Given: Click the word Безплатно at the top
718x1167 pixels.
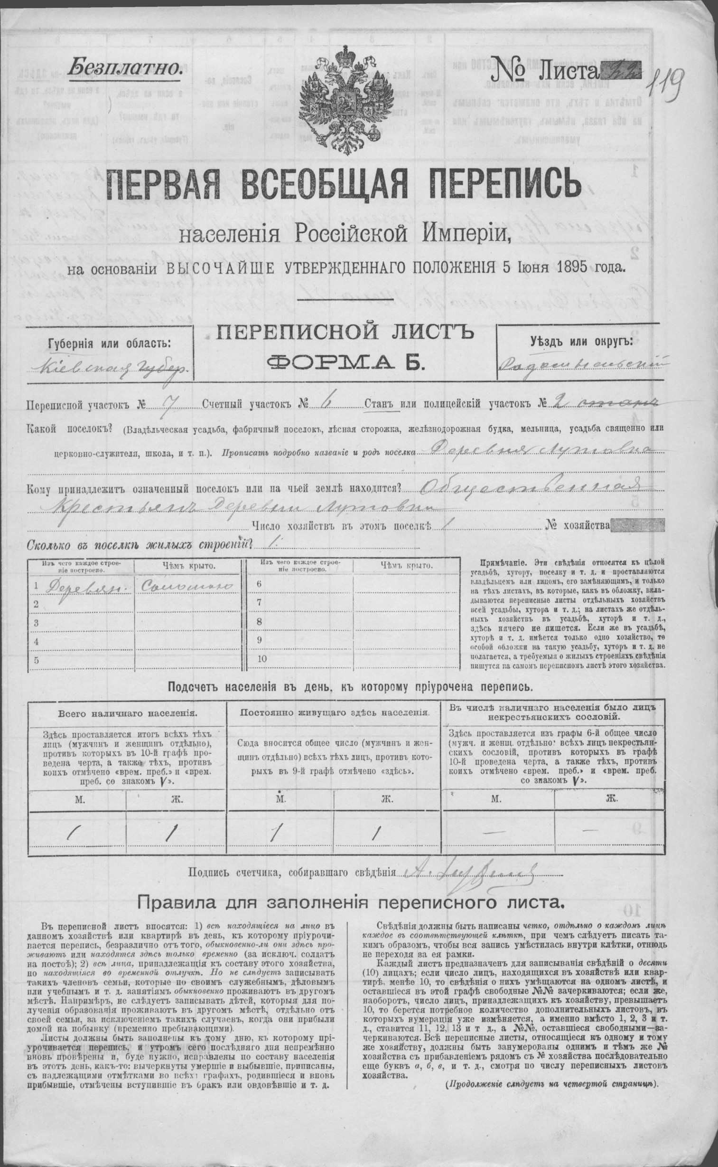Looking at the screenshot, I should (125, 68).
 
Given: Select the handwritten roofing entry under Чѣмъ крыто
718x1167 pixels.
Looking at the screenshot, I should (185, 587).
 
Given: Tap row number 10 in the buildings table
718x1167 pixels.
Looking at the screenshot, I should (262, 659).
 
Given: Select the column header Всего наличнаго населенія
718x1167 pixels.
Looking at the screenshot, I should (127, 714).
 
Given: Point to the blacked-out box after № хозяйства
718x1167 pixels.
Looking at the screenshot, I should (639, 525).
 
